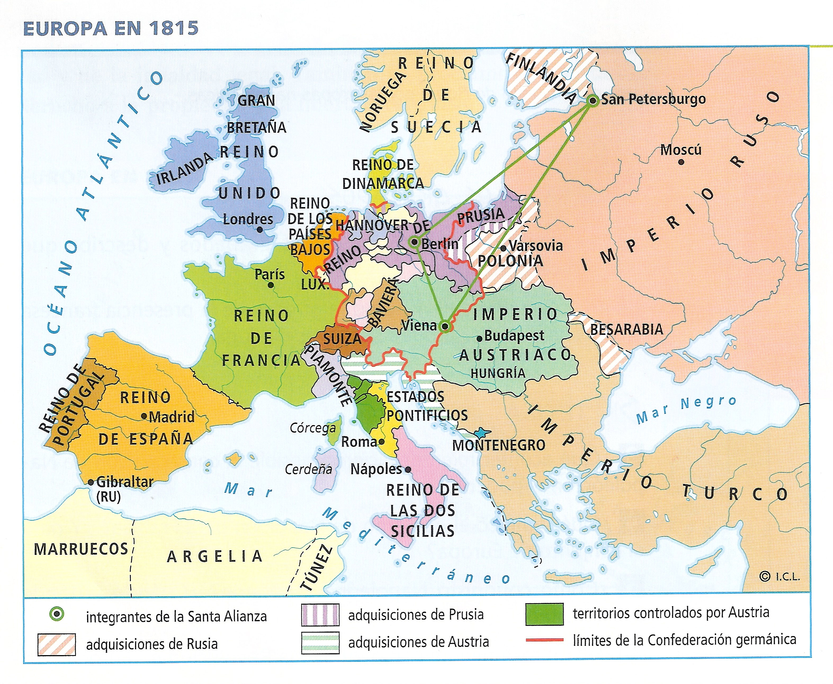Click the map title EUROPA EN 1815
tap(111, 28)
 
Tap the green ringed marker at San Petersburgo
tap(592, 100)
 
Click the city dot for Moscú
tap(681, 162)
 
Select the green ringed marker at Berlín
tap(414, 242)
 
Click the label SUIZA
tap(342, 339)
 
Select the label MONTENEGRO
tap(498, 445)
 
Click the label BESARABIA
tap(626, 329)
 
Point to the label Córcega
tap(313, 428)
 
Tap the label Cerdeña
tap(308, 469)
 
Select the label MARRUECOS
tap(81, 549)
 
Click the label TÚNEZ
tap(315, 567)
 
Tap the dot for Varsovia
tap(503, 248)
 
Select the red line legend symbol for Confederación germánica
tap(544, 640)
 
